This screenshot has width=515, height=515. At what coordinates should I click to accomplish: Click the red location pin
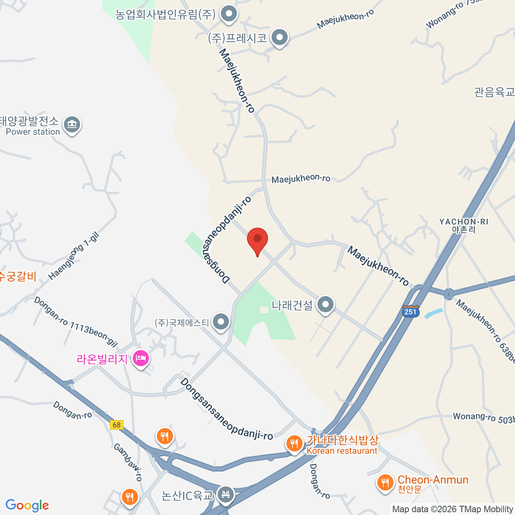[257, 240]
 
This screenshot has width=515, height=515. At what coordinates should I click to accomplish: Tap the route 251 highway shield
[411, 312]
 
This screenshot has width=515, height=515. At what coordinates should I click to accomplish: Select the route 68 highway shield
[116, 425]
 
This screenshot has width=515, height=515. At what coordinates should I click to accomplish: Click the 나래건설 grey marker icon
[326, 305]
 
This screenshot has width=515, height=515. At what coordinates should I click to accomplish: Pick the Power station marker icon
[72, 125]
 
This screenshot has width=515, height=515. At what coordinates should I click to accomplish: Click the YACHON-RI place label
[463, 225]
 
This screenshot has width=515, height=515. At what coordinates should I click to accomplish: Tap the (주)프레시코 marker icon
[280, 38]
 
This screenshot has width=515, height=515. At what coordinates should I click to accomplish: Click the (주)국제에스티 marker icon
[221, 322]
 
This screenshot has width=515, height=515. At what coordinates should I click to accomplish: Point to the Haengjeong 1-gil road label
[73, 256]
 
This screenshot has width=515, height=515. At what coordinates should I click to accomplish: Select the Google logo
[27, 506]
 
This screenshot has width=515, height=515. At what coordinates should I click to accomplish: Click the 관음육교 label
[494, 92]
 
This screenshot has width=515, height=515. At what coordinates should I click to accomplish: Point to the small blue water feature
[433, 313]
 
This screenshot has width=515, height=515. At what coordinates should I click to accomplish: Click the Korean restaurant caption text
[342, 451]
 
